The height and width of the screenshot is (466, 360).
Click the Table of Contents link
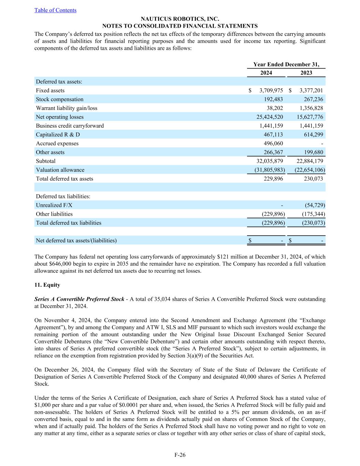tap(55, 10)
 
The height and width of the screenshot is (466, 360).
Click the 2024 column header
tap(266, 73)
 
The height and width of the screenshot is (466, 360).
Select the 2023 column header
tap(306, 73)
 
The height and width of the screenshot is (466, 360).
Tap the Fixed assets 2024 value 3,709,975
tap(271, 90)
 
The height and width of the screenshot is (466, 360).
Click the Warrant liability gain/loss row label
tap(67, 108)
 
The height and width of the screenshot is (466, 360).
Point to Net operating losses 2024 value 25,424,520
tap(270, 117)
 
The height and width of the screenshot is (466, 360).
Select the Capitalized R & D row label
tap(58, 135)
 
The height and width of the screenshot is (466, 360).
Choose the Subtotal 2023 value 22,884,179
tap(309, 161)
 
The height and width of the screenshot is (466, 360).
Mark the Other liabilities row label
tap(54, 214)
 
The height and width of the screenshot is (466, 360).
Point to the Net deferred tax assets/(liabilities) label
tap(76, 241)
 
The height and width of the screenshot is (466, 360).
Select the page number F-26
tap(180, 455)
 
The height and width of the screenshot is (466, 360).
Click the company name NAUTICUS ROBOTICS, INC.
tap(180, 19)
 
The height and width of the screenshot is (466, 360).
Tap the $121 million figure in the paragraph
tap(230, 257)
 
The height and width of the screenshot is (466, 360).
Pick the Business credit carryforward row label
tap(70, 126)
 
